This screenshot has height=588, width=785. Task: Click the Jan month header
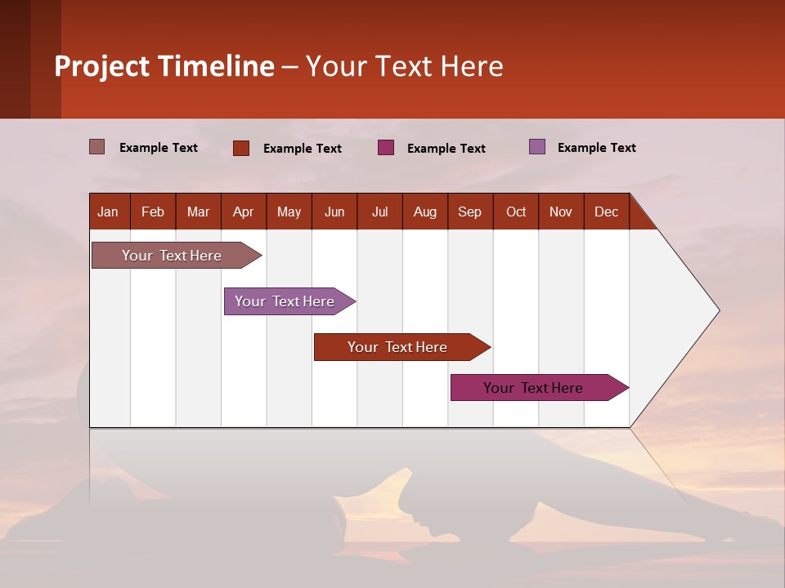pos(109,212)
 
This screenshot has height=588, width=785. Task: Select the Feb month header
pos(153,212)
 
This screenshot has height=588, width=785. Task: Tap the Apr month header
pos(244,212)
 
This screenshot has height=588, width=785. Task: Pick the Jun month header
pos(334,212)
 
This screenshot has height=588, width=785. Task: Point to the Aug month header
pos(425,212)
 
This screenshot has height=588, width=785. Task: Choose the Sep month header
pos(470,212)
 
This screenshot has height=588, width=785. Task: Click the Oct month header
pos(516,212)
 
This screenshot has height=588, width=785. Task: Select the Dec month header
pos(607,212)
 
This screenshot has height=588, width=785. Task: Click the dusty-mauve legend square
pos(97,147)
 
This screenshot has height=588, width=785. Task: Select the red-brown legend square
pos(241,148)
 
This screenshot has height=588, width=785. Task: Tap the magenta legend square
pos(386,148)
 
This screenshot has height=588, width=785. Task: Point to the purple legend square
pos(537,147)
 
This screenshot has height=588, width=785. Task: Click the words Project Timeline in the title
pos(164,66)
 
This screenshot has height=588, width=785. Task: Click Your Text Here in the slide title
pos(405,66)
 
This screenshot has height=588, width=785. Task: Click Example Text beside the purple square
pos(596,148)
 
